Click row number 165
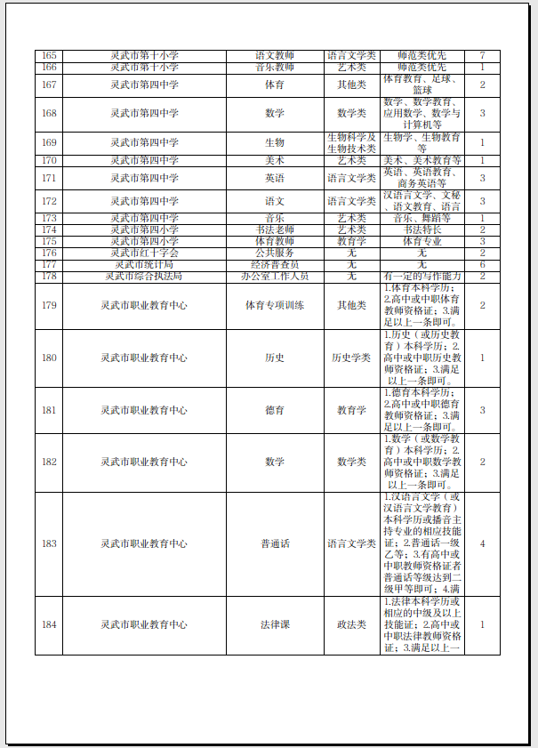click(49, 55)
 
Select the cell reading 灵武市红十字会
click(145, 253)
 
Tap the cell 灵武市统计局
click(145, 264)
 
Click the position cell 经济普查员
click(275, 264)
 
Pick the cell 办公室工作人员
click(275, 276)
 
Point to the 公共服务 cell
click(275, 253)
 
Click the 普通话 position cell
click(275, 543)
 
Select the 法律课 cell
click(275, 624)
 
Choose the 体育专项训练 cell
click(275, 305)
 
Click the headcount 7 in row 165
click(482, 55)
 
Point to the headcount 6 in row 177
click(482, 264)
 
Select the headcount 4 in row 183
click(482, 543)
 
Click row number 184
click(49, 624)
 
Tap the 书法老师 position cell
click(275, 229)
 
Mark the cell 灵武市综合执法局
click(145, 276)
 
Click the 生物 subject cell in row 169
click(275, 142)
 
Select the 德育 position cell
click(275, 410)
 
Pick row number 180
click(49, 358)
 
